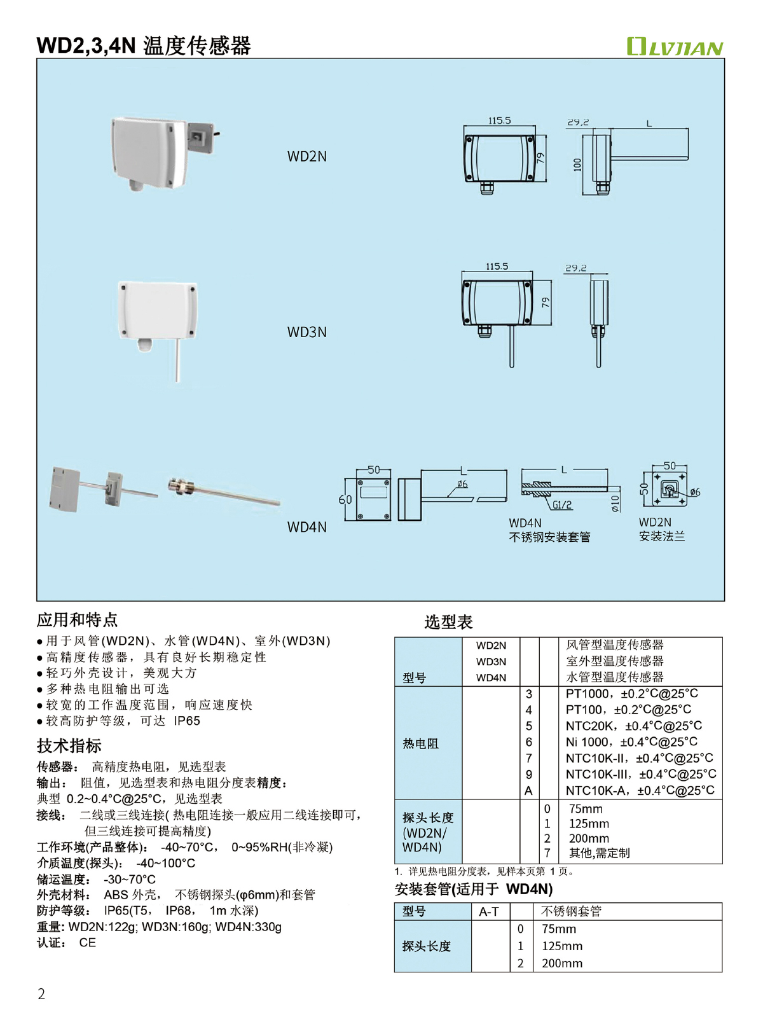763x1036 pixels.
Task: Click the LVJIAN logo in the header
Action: click(675, 46)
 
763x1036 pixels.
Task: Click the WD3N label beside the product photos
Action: click(306, 332)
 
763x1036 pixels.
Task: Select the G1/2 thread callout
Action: click(562, 505)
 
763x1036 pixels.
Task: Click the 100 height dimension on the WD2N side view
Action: click(577, 164)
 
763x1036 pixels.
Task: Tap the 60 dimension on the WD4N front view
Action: click(345, 500)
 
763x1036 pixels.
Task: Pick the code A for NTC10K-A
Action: click(528, 791)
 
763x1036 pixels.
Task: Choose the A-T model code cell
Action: click(488, 912)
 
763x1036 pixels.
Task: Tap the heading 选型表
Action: click(448, 622)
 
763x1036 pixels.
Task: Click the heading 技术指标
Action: click(69, 746)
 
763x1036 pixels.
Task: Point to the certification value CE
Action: click(88, 943)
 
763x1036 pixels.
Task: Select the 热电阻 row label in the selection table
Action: click(420, 743)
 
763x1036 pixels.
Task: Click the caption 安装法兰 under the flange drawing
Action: click(662, 537)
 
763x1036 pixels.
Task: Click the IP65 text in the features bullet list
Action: click(187, 721)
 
